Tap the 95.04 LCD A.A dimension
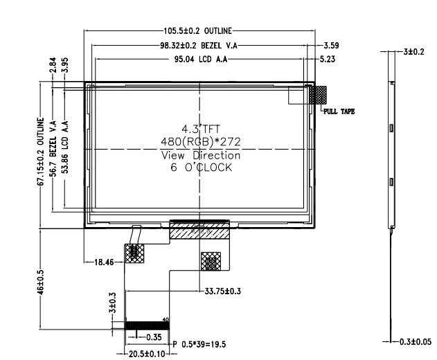(x=196, y=60)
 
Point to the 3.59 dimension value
(x=331, y=46)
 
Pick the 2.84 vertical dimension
(x=53, y=66)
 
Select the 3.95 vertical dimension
(x=64, y=66)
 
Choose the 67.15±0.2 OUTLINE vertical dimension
(x=39, y=150)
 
